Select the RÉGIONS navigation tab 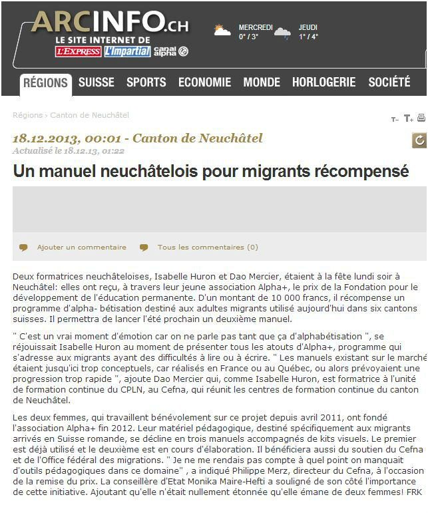click(x=45, y=83)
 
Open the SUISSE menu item click(x=97, y=83)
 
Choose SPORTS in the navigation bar click(x=146, y=83)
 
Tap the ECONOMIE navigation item click(x=204, y=83)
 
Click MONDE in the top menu click(x=262, y=83)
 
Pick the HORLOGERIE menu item click(x=323, y=83)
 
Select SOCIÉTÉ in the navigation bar click(x=389, y=83)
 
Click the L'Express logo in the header click(x=79, y=51)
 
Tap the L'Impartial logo click(x=127, y=51)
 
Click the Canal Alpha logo click(x=171, y=51)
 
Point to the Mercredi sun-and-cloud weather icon click(x=222, y=31)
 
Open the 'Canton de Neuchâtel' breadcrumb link click(x=89, y=115)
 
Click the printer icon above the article click(x=421, y=118)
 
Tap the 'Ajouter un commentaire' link click(x=81, y=247)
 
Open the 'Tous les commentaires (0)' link click(x=207, y=247)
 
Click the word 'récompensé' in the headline click(x=362, y=171)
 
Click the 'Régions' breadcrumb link click(x=27, y=115)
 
